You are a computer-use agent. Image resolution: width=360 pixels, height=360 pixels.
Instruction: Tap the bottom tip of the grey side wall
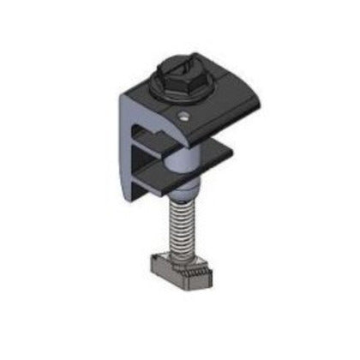[x=138, y=200]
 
